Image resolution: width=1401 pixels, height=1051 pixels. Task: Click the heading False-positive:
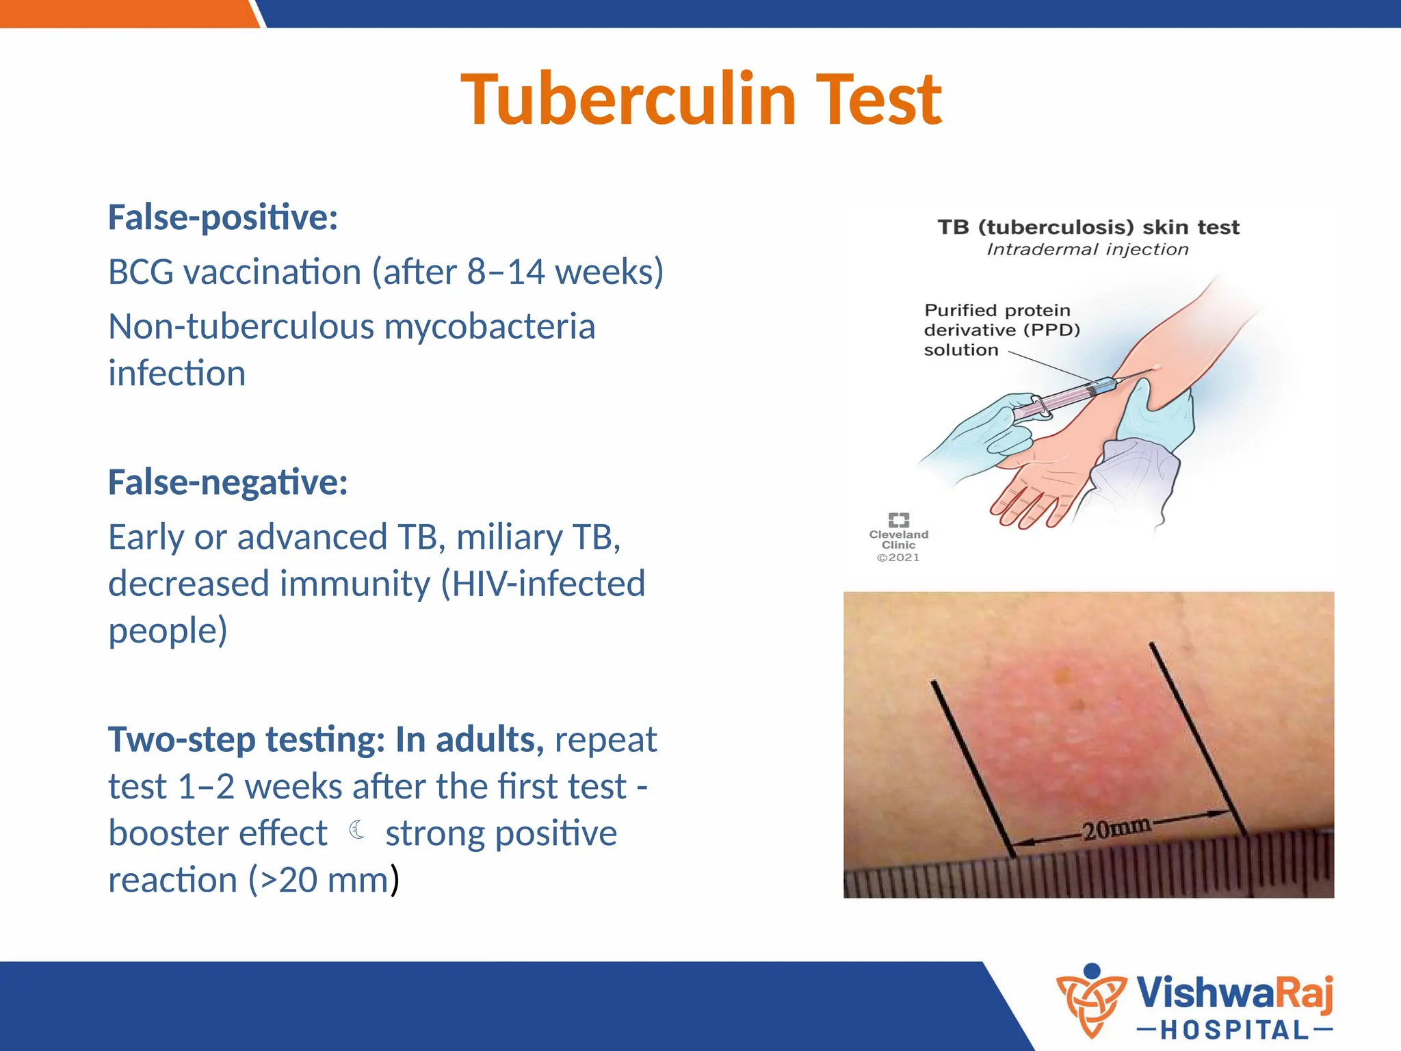click(x=223, y=218)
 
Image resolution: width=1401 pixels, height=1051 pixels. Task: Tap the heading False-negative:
click(x=228, y=482)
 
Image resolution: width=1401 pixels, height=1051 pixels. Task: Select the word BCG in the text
click(x=141, y=272)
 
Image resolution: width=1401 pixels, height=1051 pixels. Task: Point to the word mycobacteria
click(x=489, y=326)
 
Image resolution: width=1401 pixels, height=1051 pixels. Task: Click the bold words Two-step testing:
click(x=246, y=740)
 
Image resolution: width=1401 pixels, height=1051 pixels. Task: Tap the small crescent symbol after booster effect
click(x=356, y=830)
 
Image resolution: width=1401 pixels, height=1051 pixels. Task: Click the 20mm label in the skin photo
click(x=1116, y=829)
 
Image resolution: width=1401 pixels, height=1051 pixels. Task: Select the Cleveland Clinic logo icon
click(x=898, y=520)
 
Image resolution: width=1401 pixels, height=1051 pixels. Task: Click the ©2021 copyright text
click(x=898, y=558)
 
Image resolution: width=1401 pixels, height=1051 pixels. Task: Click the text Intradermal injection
click(x=1087, y=250)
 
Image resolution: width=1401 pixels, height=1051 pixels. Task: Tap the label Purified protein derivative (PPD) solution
click(x=1001, y=330)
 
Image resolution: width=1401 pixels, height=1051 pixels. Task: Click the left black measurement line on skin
click(x=971, y=766)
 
